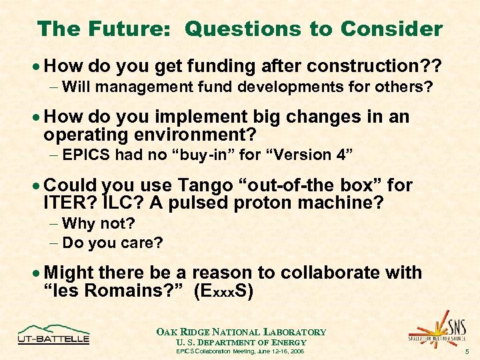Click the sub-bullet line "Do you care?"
coord(112,243)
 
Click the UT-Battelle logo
coord(53,334)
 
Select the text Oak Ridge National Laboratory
coord(241,332)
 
